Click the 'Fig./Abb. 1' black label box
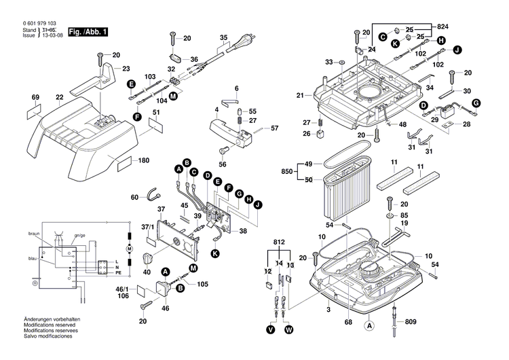89,32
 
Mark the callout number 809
409,321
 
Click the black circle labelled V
270,329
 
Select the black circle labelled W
288,329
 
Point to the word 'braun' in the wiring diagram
35,233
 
